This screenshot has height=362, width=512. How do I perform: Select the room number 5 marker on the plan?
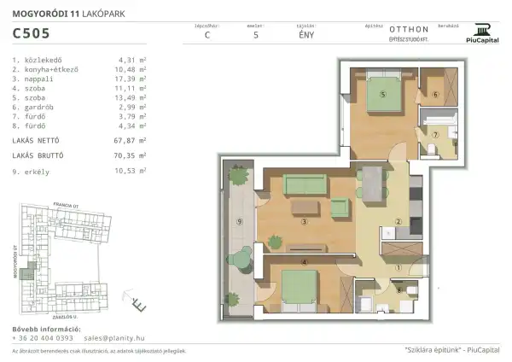pos(383,95)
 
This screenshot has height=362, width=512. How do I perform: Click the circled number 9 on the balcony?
pos(240,223)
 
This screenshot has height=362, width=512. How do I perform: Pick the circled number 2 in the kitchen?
pos(397,224)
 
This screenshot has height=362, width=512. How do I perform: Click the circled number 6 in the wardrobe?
pos(434,95)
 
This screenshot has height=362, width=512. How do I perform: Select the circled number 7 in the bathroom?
pos(433,135)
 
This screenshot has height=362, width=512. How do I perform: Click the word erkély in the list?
pos(36,171)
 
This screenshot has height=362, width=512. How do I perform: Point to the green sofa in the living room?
pos(306,183)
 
